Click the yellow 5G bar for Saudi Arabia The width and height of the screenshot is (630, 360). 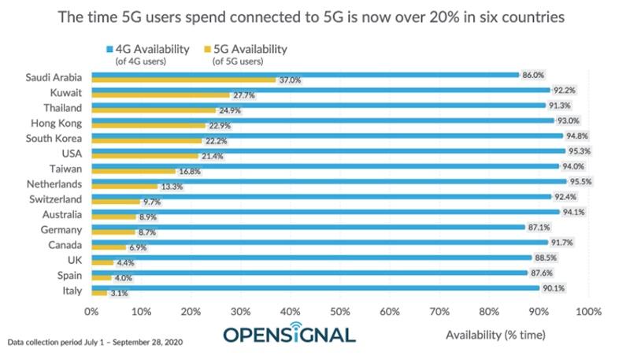pyautogui.click(x=183, y=80)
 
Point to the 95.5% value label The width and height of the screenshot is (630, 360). pyautogui.click(x=580, y=180)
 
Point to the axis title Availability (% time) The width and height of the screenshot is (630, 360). pyautogui.click(x=495, y=335)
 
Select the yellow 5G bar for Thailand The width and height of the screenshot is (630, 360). pyautogui.click(x=154, y=110)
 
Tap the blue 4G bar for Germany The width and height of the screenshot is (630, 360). pyautogui.click(x=307, y=226)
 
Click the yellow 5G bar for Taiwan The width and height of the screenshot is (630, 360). pyautogui.click(x=133, y=170)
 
